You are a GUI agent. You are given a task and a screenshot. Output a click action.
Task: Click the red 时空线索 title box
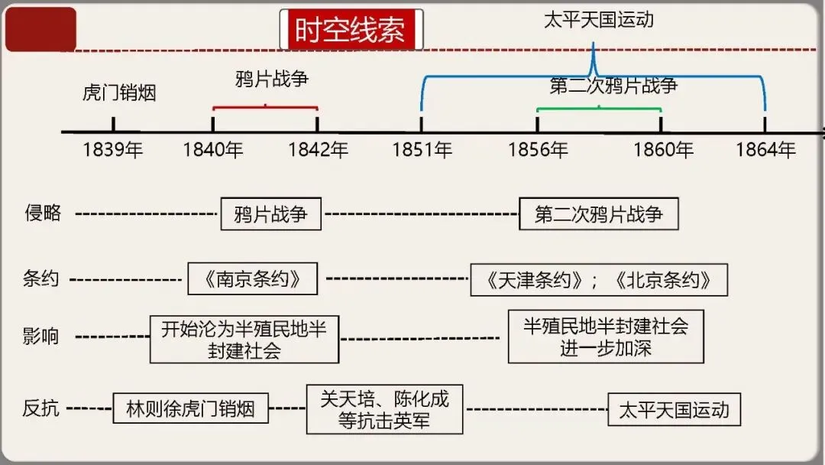(x=351, y=30)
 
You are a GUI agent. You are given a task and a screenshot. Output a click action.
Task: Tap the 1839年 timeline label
(x=113, y=150)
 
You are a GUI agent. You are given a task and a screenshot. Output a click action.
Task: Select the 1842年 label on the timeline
(x=318, y=150)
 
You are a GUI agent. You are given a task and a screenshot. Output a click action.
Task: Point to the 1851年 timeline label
(x=422, y=150)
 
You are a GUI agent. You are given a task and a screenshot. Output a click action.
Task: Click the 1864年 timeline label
(x=765, y=150)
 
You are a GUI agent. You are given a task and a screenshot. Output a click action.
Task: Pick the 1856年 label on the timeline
(x=538, y=150)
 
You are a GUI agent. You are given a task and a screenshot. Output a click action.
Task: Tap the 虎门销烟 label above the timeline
(x=119, y=93)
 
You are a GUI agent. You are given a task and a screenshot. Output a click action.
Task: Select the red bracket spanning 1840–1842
(x=265, y=107)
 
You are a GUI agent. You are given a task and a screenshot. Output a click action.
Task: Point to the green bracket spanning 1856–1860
(x=599, y=109)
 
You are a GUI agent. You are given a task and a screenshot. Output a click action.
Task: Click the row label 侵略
(x=43, y=213)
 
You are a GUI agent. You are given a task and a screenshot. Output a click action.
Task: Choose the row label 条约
(x=41, y=278)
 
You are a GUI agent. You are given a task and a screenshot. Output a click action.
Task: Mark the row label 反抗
(x=41, y=408)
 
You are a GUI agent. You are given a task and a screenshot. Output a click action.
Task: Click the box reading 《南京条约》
(x=252, y=278)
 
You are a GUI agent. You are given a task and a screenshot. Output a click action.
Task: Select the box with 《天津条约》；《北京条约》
(x=599, y=280)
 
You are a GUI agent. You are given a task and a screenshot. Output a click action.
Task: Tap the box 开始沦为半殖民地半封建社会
(x=244, y=339)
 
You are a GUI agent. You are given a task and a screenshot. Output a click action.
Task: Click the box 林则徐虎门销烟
(x=191, y=408)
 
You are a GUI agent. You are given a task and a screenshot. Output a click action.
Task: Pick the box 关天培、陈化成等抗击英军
(x=384, y=409)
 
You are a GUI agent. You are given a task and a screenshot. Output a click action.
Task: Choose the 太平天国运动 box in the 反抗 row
(x=674, y=409)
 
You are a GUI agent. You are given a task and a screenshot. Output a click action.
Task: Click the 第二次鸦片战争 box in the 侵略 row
(x=598, y=213)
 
